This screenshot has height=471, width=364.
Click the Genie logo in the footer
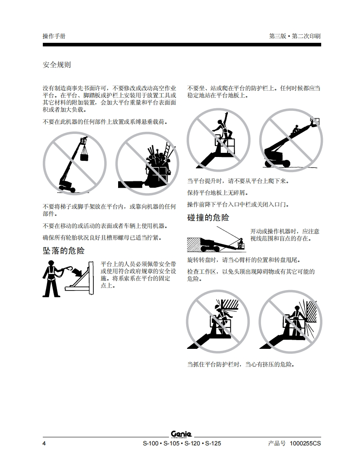[x=182, y=434]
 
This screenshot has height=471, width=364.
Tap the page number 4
[x=44, y=443]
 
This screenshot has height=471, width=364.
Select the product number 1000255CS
[x=305, y=443]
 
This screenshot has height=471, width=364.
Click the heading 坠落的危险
[x=64, y=251]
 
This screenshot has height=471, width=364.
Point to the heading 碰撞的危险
[x=208, y=217]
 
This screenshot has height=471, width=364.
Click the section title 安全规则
[x=57, y=65]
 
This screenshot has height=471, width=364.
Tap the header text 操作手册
[x=54, y=36]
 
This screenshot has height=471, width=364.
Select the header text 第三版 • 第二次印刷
[x=295, y=36]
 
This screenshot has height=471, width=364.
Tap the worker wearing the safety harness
[x=51, y=278]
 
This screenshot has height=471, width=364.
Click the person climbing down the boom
[x=295, y=129]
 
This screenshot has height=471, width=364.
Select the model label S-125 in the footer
[x=213, y=443]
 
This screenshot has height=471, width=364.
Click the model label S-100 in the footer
[x=150, y=443]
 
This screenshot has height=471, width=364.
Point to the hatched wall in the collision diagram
[x=194, y=244]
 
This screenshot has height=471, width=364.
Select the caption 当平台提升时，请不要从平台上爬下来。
[x=238, y=181]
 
